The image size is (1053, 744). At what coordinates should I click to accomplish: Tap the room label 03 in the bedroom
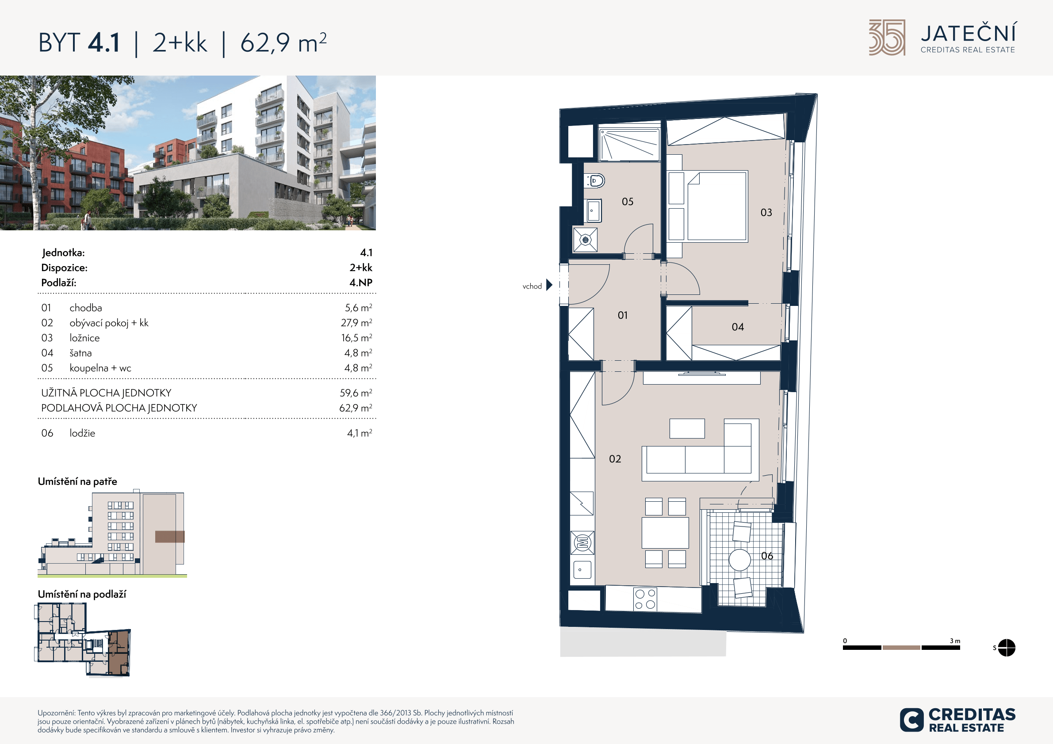tap(766, 213)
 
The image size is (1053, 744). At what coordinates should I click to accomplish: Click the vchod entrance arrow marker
tap(549, 285)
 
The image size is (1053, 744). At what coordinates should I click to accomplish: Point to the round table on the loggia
tap(740, 560)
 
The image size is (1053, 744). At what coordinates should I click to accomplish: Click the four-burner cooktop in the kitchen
tap(645, 599)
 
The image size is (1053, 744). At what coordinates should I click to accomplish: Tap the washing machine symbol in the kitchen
tap(582, 543)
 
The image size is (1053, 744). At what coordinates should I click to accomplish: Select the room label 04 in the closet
tap(738, 327)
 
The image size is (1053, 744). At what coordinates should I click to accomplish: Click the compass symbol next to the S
tap(1006, 648)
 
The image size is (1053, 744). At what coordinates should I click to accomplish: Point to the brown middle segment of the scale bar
tap(901, 648)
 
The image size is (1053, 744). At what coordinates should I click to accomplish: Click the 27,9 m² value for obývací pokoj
tap(356, 323)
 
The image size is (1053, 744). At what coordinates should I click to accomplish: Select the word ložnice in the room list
tap(84, 338)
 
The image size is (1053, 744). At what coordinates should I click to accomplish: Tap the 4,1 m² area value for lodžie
tap(360, 433)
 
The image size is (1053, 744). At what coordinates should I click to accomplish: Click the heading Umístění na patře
tap(77, 481)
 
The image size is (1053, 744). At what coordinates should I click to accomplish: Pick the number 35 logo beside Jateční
tap(887, 38)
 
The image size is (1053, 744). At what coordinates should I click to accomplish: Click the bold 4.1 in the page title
tap(104, 42)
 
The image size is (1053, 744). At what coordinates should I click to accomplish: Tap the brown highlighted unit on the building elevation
tap(170, 536)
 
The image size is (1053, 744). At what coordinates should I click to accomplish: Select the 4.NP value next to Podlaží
tap(361, 282)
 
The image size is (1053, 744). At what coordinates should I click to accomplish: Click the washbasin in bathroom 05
tap(594, 211)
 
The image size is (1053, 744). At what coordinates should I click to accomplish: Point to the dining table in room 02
tap(665, 533)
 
